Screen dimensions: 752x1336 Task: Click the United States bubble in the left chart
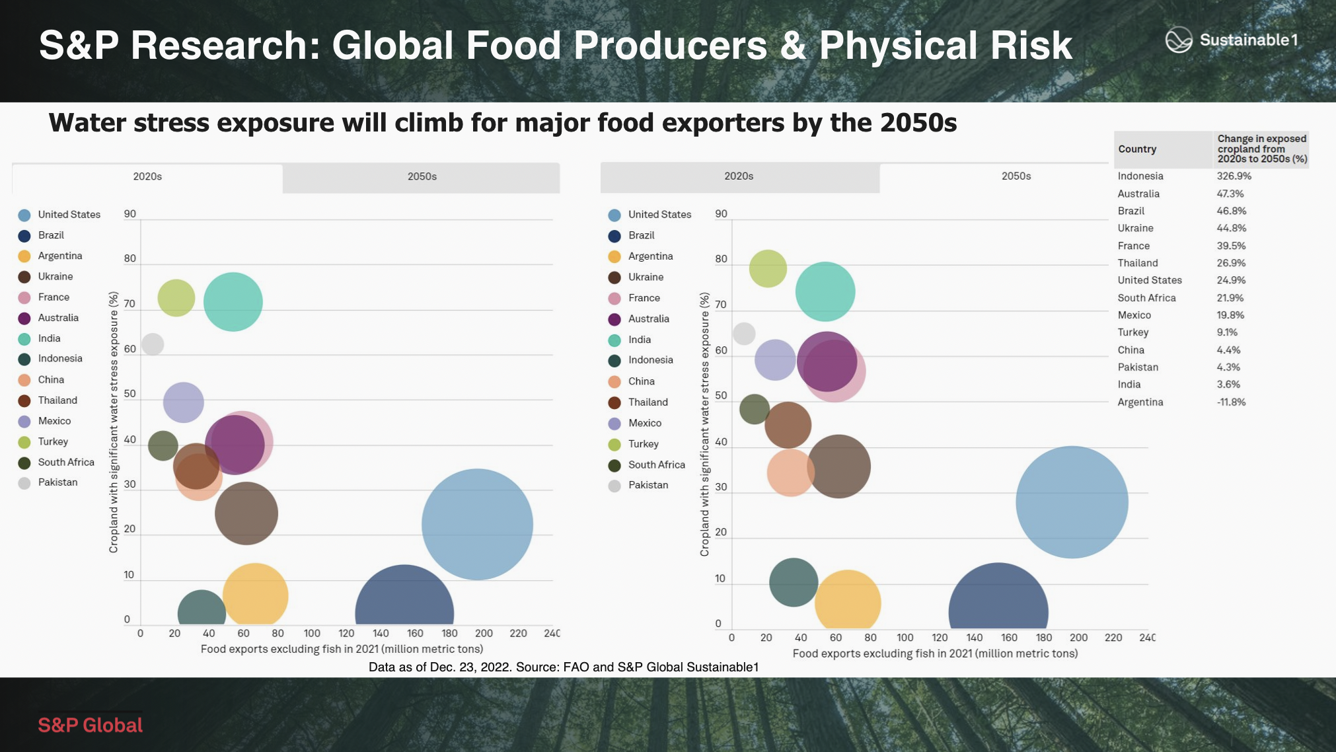(477, 524)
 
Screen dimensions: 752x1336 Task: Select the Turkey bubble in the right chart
(768, 268)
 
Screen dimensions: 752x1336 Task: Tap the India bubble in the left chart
(233, 301)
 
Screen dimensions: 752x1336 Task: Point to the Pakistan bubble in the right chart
(744, 334)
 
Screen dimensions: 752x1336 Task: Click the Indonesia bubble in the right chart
(794, 582)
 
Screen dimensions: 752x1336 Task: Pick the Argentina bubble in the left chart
(256, 595)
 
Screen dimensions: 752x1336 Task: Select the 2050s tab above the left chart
(422, 177)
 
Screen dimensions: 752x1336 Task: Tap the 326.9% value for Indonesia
(1234, 176)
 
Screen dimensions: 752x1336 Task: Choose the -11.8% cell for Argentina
(1231, 402)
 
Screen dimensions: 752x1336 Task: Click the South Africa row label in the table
(1146, 298)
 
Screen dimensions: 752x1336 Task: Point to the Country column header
(1137, 149)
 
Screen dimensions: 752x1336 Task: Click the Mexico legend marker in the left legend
(24, 422)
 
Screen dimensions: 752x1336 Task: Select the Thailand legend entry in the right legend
(648, 402)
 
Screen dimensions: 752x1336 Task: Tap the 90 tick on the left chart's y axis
(130, 214)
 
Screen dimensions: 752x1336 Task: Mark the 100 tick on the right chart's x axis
(905, 638)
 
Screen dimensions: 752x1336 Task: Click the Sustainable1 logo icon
(1178, 40)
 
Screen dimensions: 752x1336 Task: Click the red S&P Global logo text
(91, 726)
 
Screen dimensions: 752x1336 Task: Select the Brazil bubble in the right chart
(998, 601)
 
